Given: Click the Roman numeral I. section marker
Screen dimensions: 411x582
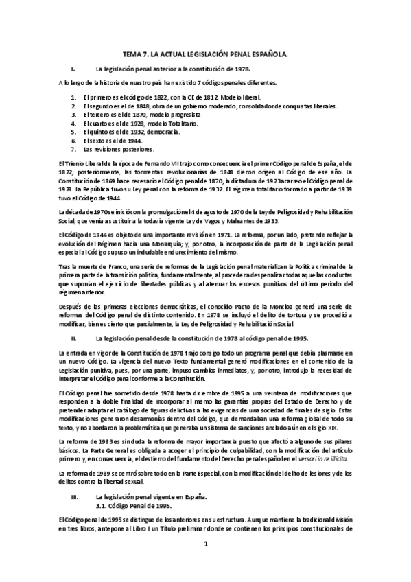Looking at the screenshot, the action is (x=72, y=69).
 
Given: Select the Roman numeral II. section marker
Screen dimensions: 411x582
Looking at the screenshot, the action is (x=73, y=338).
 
